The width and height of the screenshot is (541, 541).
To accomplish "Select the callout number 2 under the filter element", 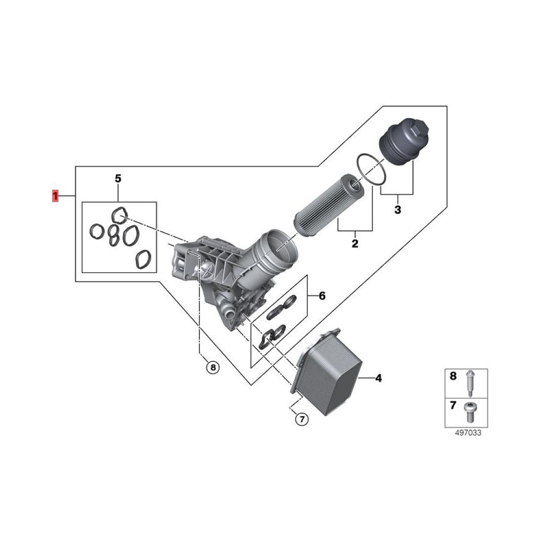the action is coord(355,243).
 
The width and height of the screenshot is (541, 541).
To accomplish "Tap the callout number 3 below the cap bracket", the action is coord(398,210).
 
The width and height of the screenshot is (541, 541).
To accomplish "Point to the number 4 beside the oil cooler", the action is coord(379,378).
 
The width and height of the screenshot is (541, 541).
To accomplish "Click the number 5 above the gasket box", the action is coord(118,178).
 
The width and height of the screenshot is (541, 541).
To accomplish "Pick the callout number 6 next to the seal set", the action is coord(322,296).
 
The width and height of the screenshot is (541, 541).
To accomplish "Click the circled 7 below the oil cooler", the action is coord(302,427).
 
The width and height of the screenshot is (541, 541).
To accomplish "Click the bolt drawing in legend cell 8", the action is coord(469,384).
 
